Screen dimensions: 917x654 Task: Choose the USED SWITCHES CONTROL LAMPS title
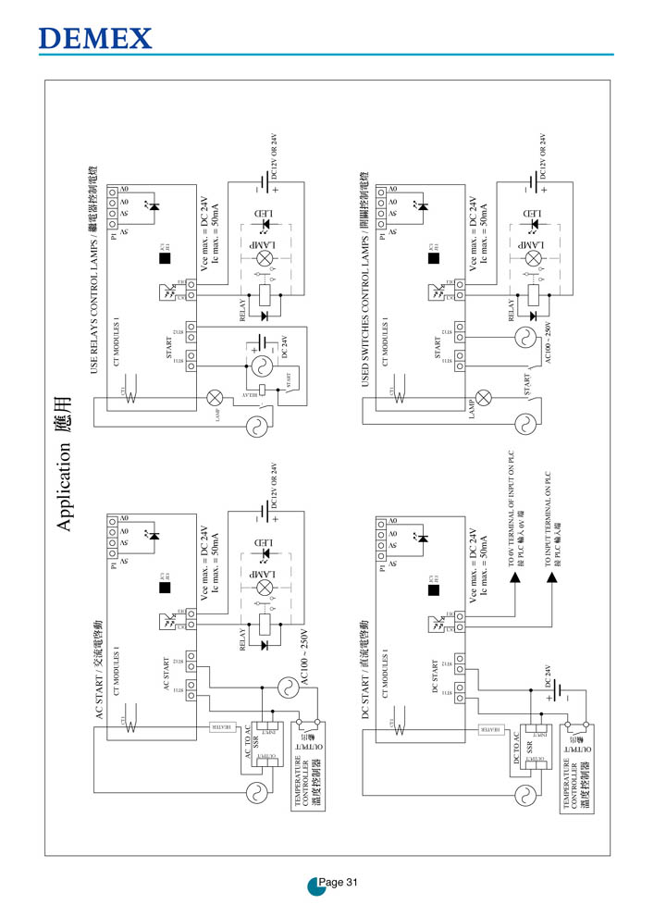pos(364,278)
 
